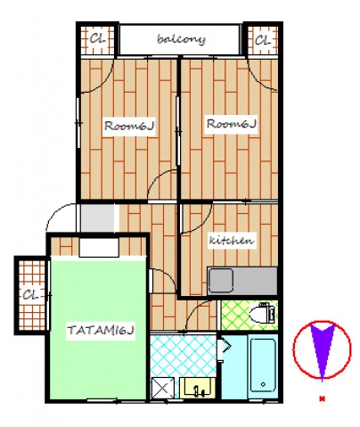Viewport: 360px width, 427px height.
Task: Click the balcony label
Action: (181, 39)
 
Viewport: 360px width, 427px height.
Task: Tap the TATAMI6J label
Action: (101, 330)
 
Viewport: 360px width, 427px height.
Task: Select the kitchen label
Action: (232, 240)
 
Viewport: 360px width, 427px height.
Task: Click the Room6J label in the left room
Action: (129, 126)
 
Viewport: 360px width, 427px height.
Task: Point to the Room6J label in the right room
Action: (232, 124)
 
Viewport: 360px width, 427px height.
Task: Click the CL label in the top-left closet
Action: (98, 39)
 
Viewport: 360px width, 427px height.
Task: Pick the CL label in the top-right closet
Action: (263, 40)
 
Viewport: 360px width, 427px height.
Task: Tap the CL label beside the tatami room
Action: (31, 295)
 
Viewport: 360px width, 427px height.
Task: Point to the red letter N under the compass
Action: (322, 398)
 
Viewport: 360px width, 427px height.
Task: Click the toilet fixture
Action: (263, 314)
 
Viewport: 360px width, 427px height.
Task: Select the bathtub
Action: (263, 366)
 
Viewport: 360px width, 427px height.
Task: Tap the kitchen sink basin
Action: (221, 281)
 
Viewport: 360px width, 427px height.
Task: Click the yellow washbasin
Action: (198, 388)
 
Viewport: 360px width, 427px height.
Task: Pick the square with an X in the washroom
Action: (163, 388)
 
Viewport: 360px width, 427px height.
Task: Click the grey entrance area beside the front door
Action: (98, 218)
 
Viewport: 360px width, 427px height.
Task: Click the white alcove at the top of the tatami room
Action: (99, 248)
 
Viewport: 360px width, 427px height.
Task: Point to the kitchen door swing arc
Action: (202, 224)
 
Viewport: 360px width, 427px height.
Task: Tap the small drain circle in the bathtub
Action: (263, 384)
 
